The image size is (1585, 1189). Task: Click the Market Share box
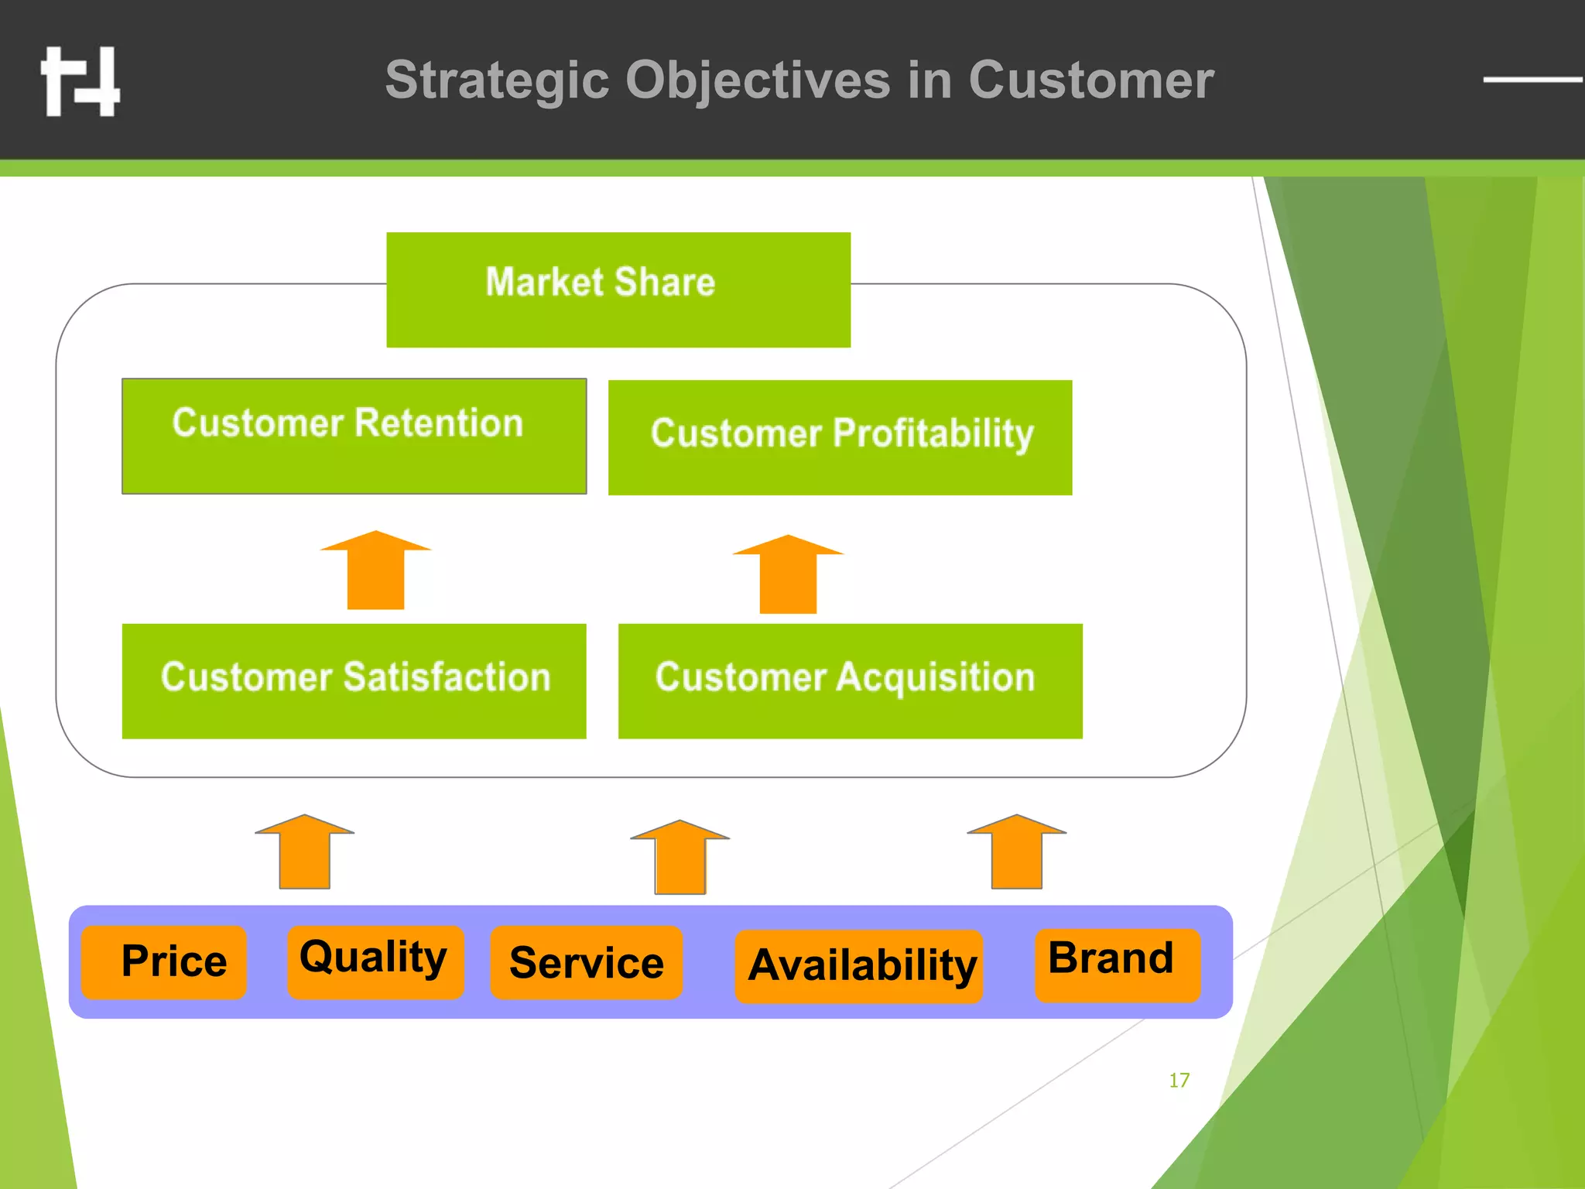coord(618,289)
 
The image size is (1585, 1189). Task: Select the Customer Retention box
coord(354,436)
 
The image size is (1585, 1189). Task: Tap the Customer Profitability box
coord(840,437)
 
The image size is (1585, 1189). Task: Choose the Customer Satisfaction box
coord(354,680)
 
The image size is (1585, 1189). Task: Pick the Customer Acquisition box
coord(850,680)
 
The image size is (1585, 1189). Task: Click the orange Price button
coord(164,962)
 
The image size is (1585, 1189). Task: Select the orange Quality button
coord(375,961)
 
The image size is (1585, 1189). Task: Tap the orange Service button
coord(586,962)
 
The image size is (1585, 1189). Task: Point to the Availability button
coord(858,966)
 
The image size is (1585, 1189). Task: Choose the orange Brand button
coord(1117,965)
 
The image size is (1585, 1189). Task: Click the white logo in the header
coord(80,81)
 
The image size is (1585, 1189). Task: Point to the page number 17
coord(1179,1080)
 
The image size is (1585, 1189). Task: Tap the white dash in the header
coord(1532,79)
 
